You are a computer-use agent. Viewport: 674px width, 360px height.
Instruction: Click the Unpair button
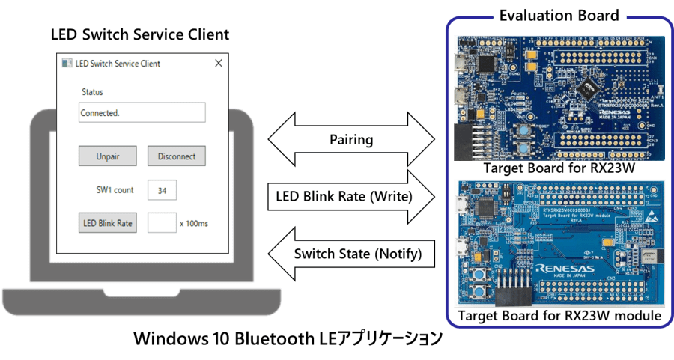click(108, 156)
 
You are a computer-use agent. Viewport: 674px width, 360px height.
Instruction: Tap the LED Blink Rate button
click(108, 223)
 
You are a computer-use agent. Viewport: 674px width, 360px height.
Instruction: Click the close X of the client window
click(219, 64)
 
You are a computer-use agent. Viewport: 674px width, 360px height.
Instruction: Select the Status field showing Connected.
click(142, 113)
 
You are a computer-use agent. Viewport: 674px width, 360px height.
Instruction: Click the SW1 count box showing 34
click(162, 190)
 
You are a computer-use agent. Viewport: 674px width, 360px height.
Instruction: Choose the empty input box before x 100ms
click(162, 223)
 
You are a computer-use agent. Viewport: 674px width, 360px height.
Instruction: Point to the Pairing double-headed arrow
click(351, 140)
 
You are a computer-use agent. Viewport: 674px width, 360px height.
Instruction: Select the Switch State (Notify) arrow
click(352, 254)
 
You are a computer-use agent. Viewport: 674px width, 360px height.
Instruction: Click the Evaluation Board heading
click(559, 14)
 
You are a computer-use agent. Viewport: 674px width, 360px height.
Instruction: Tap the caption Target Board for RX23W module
click(560, 317)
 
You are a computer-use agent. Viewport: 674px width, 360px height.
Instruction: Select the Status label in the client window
click(92, 92)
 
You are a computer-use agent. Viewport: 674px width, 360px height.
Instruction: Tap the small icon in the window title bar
click(67, 64)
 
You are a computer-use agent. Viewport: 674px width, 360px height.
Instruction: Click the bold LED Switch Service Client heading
click(139, 34)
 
